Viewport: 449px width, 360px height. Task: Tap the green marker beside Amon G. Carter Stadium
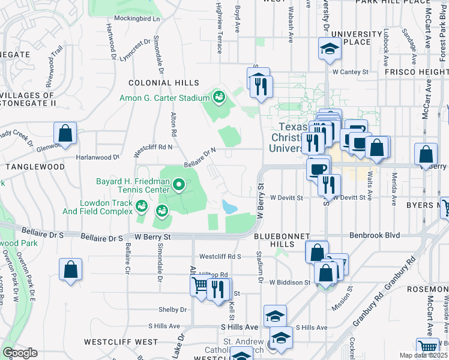pos(218,97)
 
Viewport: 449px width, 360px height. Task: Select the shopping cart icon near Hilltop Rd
pos(200,286)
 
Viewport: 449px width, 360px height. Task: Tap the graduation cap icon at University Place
pos(329,49)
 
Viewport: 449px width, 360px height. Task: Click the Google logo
pos(19,353)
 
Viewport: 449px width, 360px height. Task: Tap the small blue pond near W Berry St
pos(230,207)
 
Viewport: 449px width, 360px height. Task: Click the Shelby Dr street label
pos(171,310)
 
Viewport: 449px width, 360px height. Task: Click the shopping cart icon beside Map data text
pos(427,346)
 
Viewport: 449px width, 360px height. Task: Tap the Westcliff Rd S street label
pos(220,256)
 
